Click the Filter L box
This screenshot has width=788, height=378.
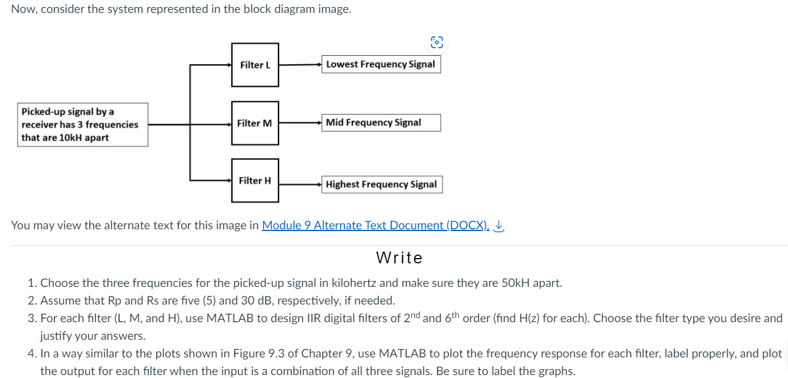[x=255, y=65]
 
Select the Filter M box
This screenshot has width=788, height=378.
[x=255, y=123]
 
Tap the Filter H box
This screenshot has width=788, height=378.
[x=255, y=180]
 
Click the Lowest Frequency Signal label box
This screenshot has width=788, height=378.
[x=381, y=64]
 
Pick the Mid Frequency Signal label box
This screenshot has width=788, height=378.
[x=381, y=122]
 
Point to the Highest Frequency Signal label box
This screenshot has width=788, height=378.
[x=382, y=184]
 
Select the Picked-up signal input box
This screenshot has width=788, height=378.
[x=82, y=125]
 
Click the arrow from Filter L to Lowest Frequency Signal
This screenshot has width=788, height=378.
[x=300, y=64]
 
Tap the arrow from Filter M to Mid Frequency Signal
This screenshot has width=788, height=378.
[x=300, y=123]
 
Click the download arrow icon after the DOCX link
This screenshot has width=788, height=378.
[x=499, y=225]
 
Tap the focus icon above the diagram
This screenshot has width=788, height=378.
[x=437, y=42]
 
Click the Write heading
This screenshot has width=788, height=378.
[x=399, y=258]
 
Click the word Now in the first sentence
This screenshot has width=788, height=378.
[x=22, y=9]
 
